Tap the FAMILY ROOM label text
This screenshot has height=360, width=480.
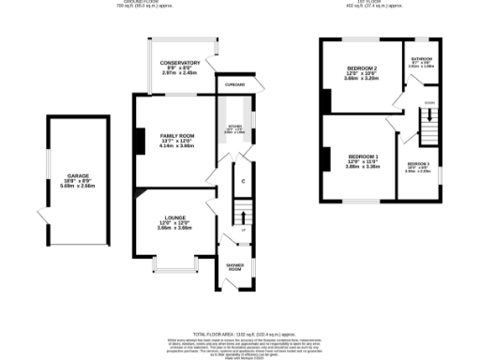coord(176,136)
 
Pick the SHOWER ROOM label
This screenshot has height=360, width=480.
coord(234,267)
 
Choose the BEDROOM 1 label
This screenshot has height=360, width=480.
coord(363,156)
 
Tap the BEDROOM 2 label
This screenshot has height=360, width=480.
coord(362,68)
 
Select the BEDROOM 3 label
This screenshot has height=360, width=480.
coord(418,162)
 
